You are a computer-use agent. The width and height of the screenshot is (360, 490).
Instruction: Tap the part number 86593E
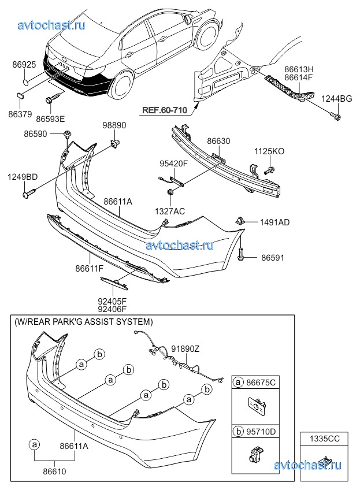[x=50, y=118]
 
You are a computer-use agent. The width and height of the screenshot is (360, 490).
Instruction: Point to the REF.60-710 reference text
[x=164, y=110]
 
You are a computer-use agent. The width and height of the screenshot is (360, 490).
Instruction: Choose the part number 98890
[x=114, y=125]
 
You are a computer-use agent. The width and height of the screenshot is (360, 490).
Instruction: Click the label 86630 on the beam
[x=218, y=140]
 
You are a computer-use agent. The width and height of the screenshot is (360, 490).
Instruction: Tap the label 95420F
[x=174, y=164]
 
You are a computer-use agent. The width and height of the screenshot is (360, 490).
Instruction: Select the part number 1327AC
[x=170, y=211]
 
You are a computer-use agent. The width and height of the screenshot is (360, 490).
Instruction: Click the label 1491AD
[x=274, y=221]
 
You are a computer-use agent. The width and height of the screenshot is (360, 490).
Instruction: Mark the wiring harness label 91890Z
[x=185, y=349]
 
